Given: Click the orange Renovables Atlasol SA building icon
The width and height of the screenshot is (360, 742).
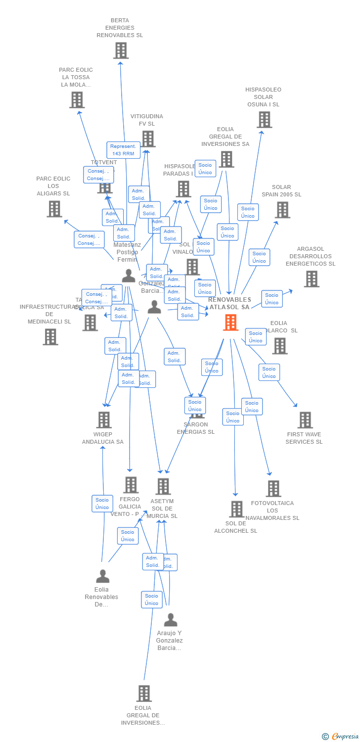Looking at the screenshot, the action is point(230,323).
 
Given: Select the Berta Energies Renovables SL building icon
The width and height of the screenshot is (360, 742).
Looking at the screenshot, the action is point(121,50).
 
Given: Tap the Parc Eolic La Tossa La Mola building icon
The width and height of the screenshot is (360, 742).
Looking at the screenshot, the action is point(77,100).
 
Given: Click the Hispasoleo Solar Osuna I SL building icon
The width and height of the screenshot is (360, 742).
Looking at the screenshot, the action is point(264,120).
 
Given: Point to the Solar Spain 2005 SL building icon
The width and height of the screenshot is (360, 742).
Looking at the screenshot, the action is point(282,210).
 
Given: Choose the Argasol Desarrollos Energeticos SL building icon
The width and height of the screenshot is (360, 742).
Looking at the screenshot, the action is point(311,279).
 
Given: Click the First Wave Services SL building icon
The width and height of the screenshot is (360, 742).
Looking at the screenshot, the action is point(305,420).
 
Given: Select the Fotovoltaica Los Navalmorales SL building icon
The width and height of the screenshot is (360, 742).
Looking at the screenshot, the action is point(273,489).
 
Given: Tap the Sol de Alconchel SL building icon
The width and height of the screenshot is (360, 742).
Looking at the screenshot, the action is point(236,509).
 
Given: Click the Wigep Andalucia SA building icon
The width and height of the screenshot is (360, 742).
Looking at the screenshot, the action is point(103,420).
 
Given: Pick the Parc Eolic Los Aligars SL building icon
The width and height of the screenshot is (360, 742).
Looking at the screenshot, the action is point(54,209).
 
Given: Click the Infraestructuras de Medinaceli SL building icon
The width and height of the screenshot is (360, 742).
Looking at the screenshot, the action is point(50,337).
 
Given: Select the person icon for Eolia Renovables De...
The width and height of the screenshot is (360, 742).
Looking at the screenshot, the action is point(102,576).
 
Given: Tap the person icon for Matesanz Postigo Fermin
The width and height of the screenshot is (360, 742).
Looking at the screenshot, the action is point(129,276).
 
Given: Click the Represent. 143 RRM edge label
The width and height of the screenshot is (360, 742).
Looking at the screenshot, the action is point(123,150).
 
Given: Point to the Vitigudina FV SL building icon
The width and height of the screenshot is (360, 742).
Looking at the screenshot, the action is point(148,139).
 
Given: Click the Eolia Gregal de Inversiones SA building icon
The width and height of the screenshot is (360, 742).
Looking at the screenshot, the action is point(226,159).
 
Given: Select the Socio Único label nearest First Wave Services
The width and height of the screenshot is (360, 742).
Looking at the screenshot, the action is point(269,372).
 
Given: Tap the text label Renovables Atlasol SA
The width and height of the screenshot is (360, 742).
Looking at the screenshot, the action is point(229,303).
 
